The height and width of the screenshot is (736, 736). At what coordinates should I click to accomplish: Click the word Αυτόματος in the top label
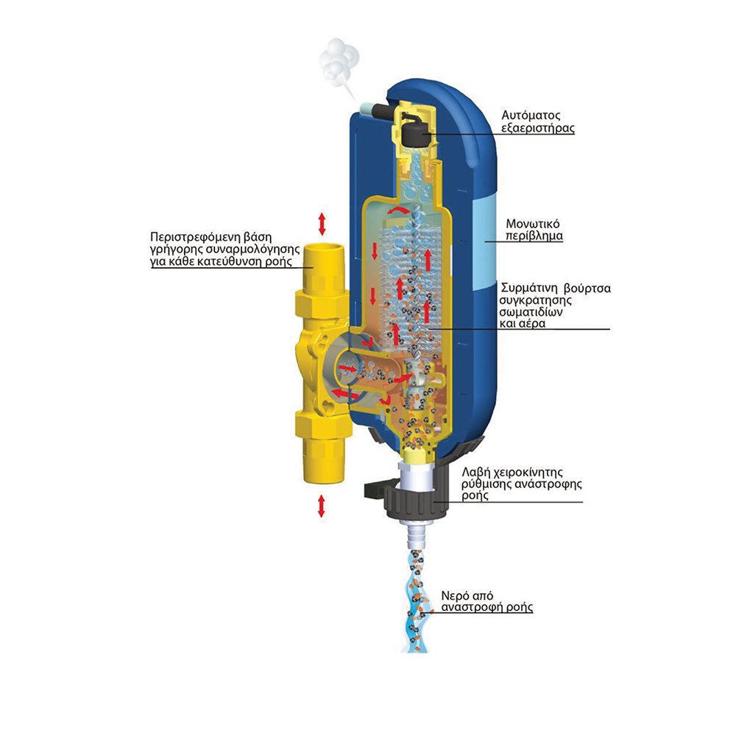pos(531,116)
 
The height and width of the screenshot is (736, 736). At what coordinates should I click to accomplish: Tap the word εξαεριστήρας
pos(538,128)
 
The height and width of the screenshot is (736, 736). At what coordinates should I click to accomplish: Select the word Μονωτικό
pos(533,224)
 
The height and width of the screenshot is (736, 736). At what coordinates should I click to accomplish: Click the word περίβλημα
pos(534,236)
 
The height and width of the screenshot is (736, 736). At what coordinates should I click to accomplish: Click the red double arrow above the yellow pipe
pos(322,224)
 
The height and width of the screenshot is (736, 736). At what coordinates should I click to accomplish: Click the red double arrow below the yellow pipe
pos(322,506)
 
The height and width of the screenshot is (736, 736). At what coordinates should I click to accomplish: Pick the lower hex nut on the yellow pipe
pos(323,425)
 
